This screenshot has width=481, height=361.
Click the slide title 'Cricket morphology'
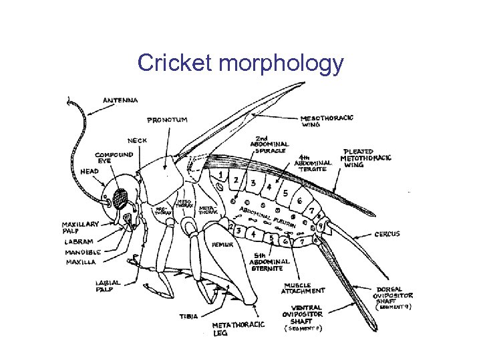click(240, 64)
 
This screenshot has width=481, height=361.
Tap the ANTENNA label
click(120, 100)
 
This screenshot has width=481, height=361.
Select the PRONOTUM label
click(167, 120)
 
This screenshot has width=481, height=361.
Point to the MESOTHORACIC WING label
click(327, 121)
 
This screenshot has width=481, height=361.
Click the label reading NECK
click(137, 140)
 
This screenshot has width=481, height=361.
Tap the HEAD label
click(89, 171)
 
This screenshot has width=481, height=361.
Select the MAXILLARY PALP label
click(81, 227)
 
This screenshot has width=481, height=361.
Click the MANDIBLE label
click(83, 252)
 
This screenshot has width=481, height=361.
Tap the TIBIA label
click(188, 316)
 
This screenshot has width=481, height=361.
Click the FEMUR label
click(222, 245)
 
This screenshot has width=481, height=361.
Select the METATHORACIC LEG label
click(238, 328)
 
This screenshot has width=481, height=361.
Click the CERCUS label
click(387, 234)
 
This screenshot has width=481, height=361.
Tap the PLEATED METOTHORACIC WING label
click(367, 158)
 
